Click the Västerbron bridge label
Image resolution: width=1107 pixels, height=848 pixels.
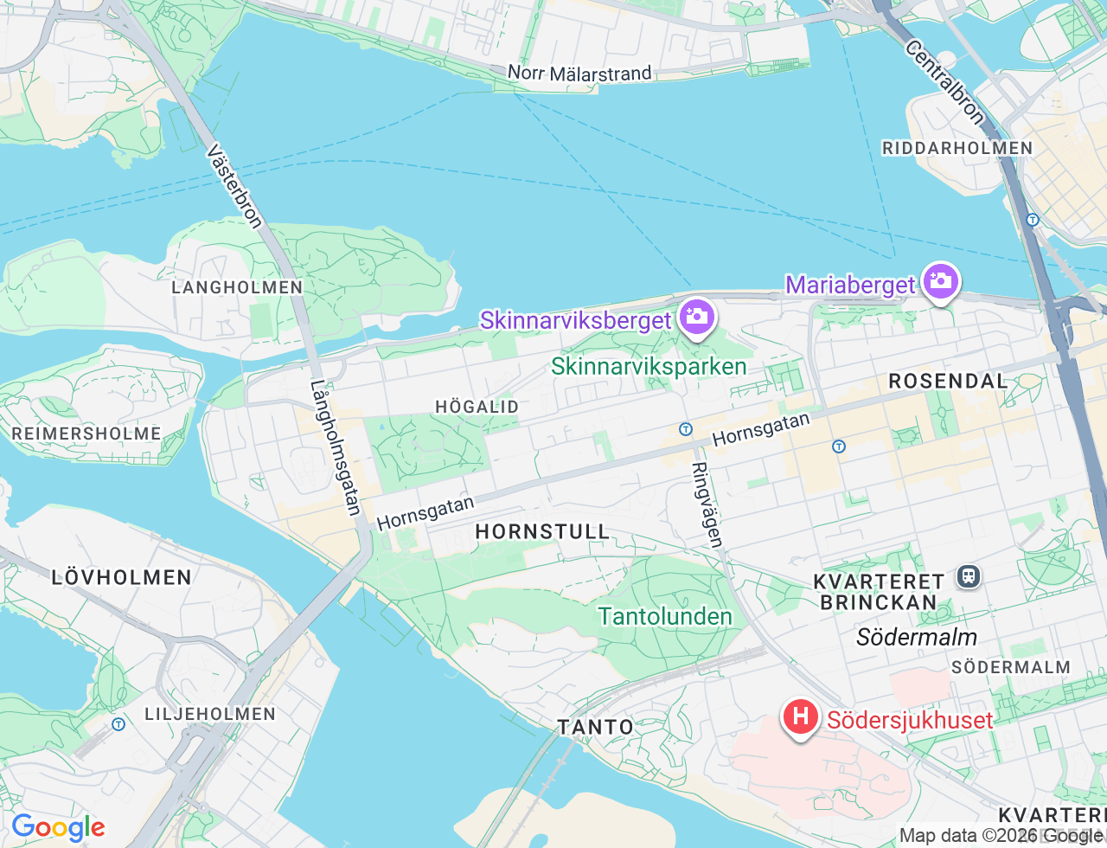point(234,186)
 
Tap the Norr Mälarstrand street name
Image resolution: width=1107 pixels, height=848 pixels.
point(579,74)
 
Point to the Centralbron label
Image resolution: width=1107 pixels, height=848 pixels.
point(944,82)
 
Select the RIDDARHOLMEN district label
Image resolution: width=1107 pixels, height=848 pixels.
point(957,148)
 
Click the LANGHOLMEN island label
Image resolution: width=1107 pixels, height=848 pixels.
point(237,287)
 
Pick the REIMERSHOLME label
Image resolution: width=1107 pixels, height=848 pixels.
point(86,434)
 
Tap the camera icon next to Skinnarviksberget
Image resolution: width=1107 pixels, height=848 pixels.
point(696,318)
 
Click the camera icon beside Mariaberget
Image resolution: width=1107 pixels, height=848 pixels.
point(940,281)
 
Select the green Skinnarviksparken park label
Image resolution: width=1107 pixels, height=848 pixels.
point(649,366)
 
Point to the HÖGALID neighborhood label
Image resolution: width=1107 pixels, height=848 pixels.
point(477,407)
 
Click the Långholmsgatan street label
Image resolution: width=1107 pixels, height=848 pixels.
point(336,448)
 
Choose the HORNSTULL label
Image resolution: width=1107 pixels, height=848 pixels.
point(542,531)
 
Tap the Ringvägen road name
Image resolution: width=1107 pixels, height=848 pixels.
point(707,504)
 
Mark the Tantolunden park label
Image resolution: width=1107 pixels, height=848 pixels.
point(665,616)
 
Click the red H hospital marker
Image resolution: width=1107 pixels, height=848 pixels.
point(801,716)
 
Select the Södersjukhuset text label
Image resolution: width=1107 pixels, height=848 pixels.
point(910,720)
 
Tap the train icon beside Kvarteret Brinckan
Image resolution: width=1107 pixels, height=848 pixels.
point(969,576)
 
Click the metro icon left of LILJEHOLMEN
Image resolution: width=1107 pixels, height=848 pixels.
point(118,723)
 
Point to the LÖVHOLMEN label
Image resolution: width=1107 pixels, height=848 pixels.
point(121,577)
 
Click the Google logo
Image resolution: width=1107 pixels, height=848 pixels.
point(58,828)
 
